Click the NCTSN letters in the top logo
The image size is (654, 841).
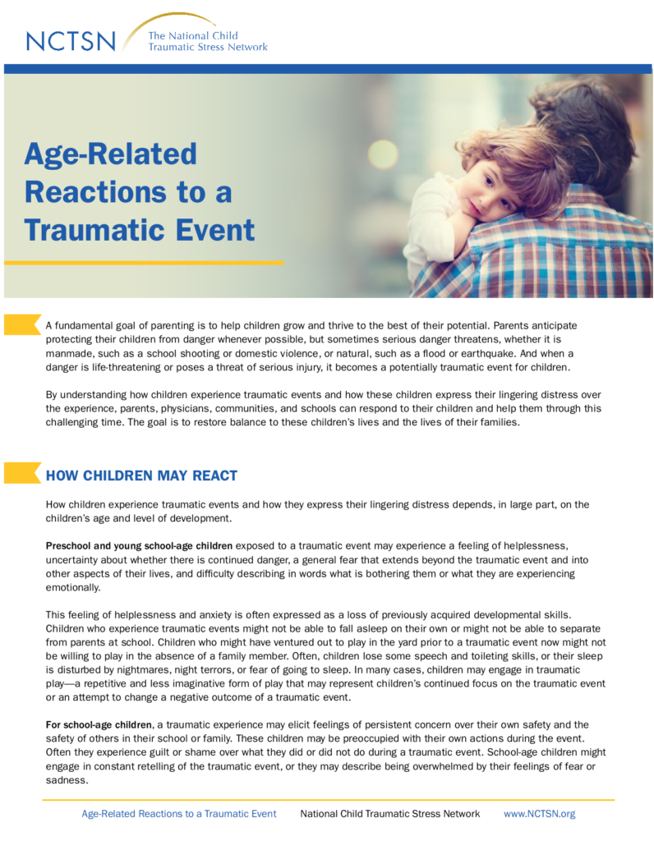[71, 41]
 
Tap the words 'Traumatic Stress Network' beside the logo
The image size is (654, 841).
[208, 47]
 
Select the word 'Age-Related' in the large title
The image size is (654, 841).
[111, 154]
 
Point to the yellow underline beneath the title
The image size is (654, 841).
[144, 263]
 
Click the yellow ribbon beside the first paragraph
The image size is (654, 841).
[22, 324]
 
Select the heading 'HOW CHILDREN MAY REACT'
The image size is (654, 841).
[141, 476]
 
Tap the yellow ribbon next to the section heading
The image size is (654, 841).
[22, 472]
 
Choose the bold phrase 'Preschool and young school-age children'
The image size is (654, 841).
[139, 546]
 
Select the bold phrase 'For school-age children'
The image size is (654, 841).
[99, 725]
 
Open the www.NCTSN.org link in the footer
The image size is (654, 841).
[539, 814]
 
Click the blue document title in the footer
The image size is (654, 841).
[178, 814]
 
